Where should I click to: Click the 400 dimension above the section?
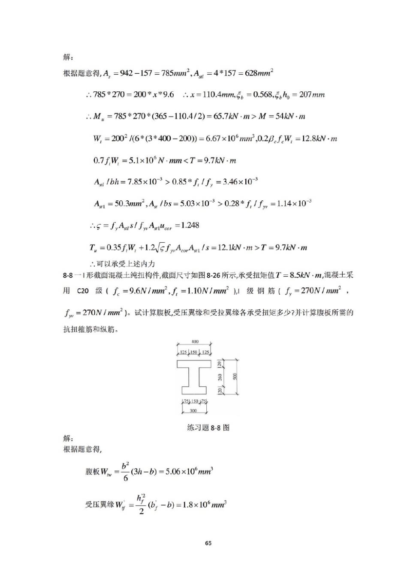pos(195,342)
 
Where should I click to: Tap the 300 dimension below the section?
pos(193,411)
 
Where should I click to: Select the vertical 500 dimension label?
pos(235,377)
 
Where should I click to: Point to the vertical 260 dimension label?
pos(220,377)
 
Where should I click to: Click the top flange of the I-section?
pos(194,364)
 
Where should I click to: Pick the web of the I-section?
pos(194,377)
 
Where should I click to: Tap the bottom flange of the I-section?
pos(194,390)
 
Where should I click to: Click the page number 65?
pos(208,543)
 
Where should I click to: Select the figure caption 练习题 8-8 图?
pos(208,428)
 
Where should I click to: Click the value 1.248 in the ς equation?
pos(190,225)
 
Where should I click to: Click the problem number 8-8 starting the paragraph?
pos(68,275)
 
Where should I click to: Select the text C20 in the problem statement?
pos(83,291)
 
